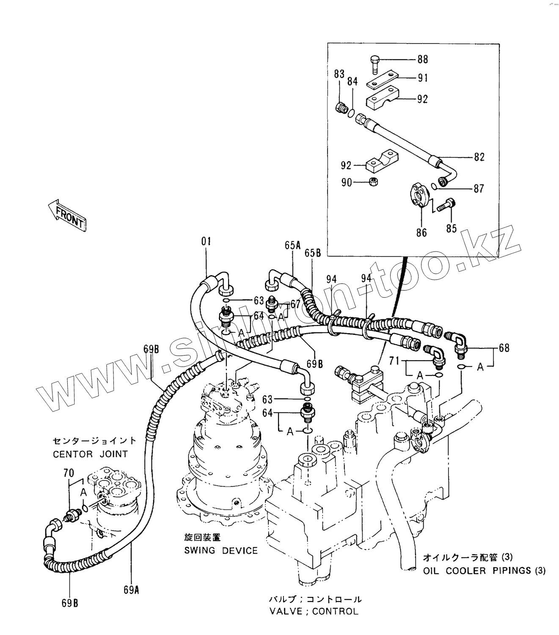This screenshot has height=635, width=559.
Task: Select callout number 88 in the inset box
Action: tap(422, 59)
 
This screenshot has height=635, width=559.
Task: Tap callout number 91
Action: tap(422, 78)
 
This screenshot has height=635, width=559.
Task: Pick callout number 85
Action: tap(452, 228)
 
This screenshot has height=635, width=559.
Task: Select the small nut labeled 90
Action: tap(373, 182)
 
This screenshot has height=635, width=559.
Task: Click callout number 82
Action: tap(479, 157)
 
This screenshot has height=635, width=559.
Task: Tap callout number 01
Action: tap(206, 242)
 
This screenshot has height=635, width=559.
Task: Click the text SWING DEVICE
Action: tap(220, 550)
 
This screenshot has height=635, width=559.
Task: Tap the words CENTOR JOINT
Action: tap(90, 454)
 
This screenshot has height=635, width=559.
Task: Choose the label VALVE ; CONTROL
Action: tap(314, 611)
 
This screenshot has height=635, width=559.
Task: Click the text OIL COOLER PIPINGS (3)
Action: tap(484, 571)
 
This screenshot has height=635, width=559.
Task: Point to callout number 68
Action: tap(504, 348)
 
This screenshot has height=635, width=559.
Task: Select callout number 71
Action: tap(394, 361)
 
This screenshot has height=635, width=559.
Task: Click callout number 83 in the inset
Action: tap(339, 75)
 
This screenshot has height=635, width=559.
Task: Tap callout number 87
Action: tap(479, 188)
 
